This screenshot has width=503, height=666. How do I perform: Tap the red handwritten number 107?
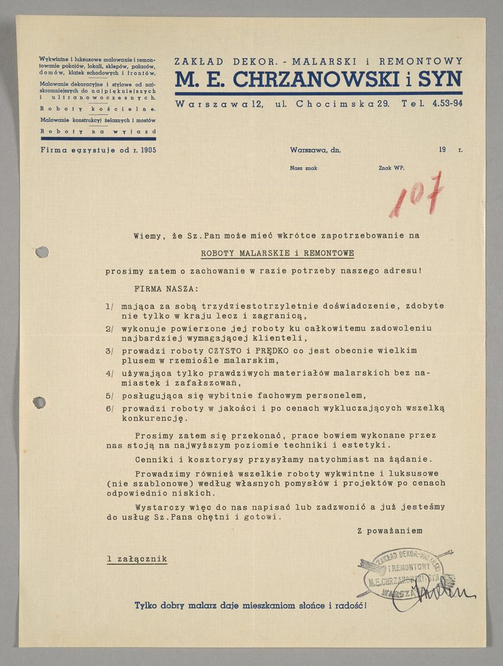pos(416,194)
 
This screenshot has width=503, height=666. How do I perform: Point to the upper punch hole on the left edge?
pos(42,252)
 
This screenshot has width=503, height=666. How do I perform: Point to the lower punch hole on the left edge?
pos(40,403)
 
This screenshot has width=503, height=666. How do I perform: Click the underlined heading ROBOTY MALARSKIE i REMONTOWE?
pos(278,254)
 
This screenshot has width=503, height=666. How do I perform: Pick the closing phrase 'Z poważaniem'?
pos(390,531)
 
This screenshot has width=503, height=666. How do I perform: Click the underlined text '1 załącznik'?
pos(137,558)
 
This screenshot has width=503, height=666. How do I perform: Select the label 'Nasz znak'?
pos(303,169)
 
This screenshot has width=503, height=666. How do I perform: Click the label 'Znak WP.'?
pos(391,169)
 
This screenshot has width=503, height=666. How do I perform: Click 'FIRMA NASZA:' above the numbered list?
pos(166,289)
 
